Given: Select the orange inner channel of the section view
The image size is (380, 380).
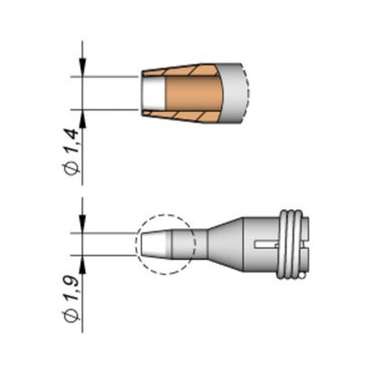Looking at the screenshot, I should [193, 93].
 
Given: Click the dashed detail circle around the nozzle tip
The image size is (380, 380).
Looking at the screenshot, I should [166, 215].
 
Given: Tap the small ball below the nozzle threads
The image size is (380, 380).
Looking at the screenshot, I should [302, 274].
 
